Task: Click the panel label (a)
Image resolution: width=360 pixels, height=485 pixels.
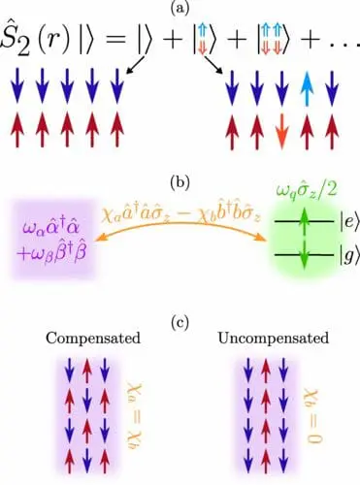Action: pos(180,8)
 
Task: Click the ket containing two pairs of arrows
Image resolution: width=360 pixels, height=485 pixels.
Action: pos(281,45)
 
